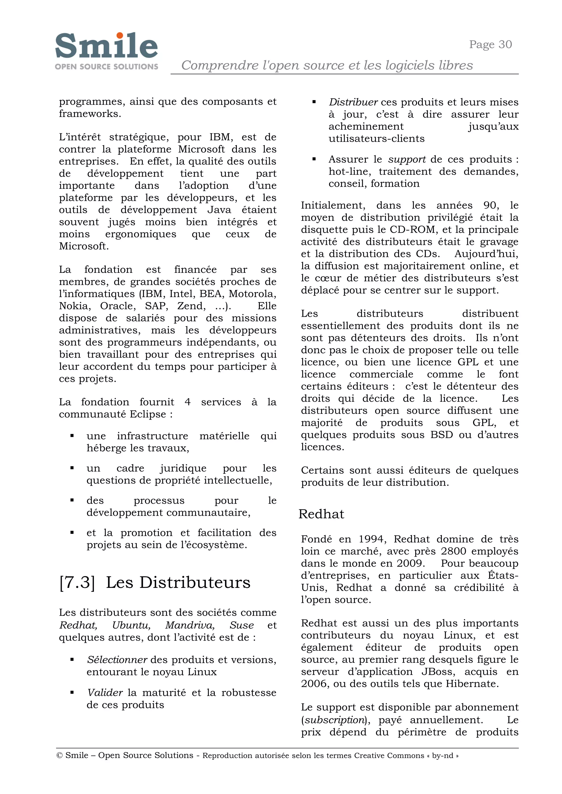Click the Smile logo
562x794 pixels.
click(106, 50)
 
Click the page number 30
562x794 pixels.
click(505, 44)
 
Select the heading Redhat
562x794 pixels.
click(321, 514)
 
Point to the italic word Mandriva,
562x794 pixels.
click(190, 625)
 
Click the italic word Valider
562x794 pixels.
click(105, 692)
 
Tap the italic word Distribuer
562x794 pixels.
click(353, 102)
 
